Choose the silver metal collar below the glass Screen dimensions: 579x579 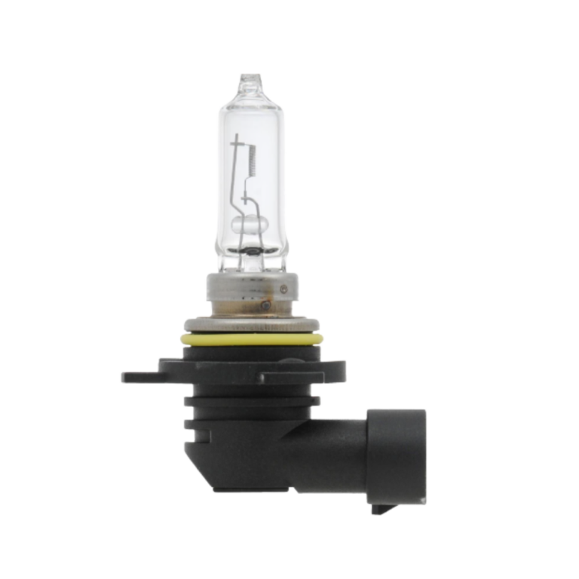[x=248, y=294]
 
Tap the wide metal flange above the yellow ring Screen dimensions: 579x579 [x=252, y=325]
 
